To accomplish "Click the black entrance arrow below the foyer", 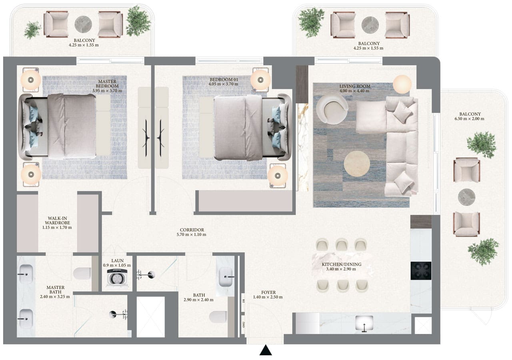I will (x=266, y=351).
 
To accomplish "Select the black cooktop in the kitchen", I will (x=421, y=271).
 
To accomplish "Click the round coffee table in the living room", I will (x=357, y=163).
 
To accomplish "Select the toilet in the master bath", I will (x=82, y=273).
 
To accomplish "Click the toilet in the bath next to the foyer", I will (x=218, y=316).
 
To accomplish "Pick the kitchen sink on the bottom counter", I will (x=364, y=323).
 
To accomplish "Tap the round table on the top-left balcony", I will (x=83, y=24).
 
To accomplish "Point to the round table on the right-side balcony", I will (x=466, y=197).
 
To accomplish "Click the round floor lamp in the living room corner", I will (x=402, y=84).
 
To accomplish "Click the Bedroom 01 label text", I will (x=224, y=80).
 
